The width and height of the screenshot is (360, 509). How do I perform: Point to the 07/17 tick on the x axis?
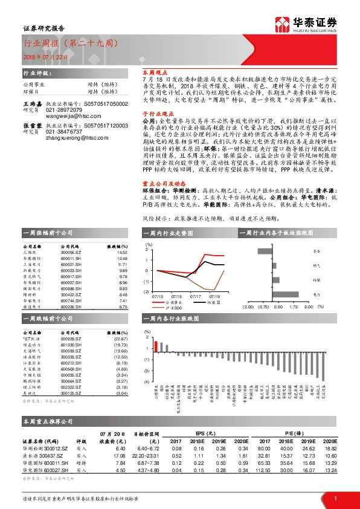pos(196,297)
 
